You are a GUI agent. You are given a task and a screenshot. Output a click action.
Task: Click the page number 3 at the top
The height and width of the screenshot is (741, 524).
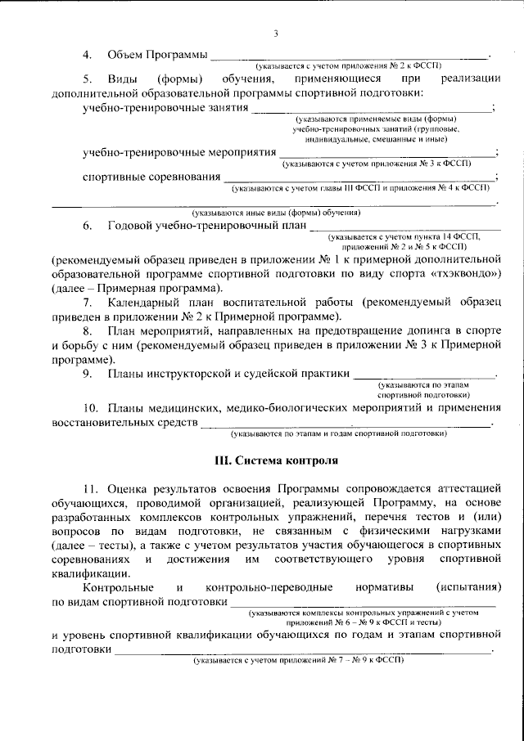[x=275, y=33]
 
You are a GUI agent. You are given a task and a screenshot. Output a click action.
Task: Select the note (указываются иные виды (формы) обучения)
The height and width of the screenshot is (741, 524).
[x=274, y=212]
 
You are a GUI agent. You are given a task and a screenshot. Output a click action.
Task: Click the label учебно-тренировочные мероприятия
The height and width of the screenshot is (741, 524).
[x=179, y=152]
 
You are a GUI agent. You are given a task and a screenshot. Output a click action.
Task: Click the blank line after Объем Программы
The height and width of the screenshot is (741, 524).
[x=349, y=56]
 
